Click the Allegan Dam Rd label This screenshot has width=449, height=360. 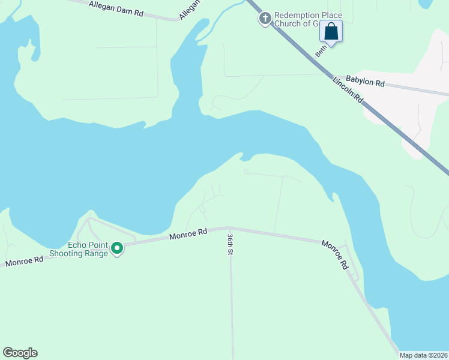point(115,8)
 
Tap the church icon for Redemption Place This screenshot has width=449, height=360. point(264,19)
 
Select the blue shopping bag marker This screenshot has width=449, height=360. point(331,31)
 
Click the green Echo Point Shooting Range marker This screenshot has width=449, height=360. point(118,247)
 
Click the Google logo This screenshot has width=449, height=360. point(20,353)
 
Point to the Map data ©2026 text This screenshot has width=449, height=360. point(423,355)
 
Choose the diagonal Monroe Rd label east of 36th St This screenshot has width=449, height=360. point(335,253)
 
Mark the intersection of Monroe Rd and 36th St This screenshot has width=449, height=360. point(229,228)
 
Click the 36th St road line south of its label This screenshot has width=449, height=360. point(232,300)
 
